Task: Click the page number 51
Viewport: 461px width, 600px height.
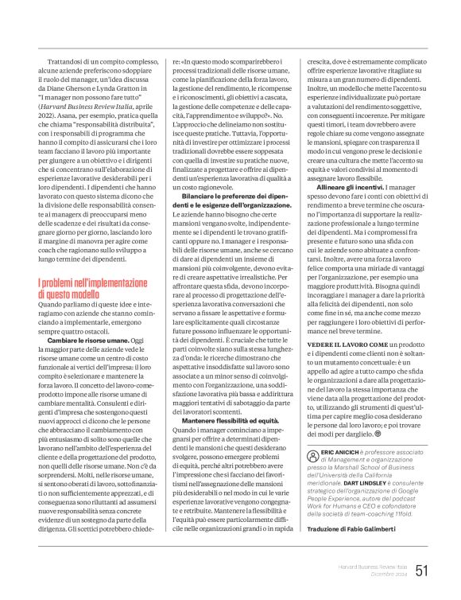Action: point(422,569)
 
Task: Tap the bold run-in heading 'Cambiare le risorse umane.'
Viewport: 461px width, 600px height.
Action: point(88,340)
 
